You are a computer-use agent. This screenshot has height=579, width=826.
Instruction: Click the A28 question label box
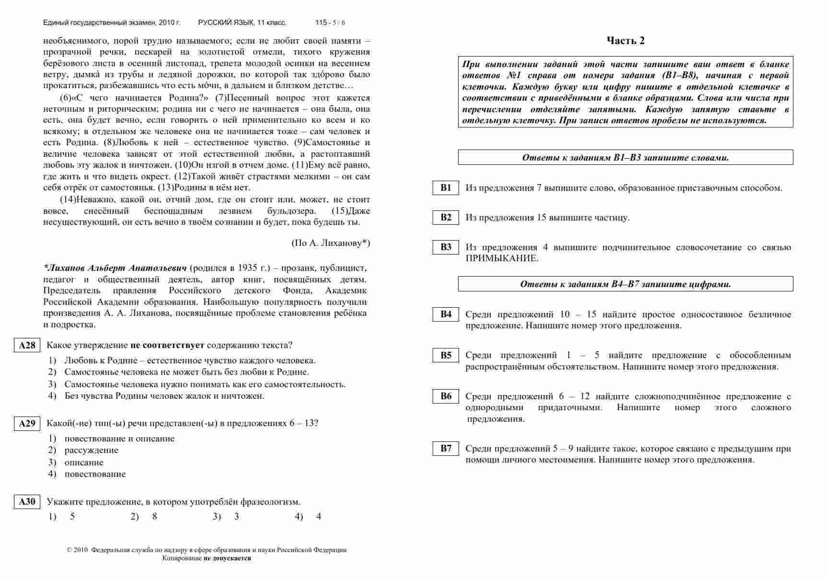[27, 346]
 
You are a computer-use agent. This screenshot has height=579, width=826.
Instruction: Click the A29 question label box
[27, 424]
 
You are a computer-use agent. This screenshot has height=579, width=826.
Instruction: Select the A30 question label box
[27, 502]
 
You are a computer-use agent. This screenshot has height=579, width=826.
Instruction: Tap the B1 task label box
[446, 188]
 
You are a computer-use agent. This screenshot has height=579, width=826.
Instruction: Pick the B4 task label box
[446, 314]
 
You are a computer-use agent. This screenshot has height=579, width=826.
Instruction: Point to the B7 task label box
[446, 449]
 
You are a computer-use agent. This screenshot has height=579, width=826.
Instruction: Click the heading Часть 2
[625, 41]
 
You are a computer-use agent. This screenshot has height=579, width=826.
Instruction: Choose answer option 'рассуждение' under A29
[91, 450]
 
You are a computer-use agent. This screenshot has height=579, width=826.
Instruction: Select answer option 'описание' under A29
[84, 463]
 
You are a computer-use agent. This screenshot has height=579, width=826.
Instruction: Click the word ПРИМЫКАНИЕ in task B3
[502, 258]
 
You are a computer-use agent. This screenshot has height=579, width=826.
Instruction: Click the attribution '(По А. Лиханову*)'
[330, 243]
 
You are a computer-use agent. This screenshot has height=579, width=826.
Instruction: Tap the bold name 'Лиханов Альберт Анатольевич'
[115, 268]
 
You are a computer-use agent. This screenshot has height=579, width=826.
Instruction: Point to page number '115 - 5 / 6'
[330, 23]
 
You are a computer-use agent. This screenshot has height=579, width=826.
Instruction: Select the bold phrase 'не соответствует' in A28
[167, 345]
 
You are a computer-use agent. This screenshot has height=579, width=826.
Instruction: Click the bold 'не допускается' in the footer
[227, 558]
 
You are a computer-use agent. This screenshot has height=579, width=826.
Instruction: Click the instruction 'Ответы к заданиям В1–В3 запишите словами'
[625, 158]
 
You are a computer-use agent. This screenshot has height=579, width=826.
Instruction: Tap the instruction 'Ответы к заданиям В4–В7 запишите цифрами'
[625, 284]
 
